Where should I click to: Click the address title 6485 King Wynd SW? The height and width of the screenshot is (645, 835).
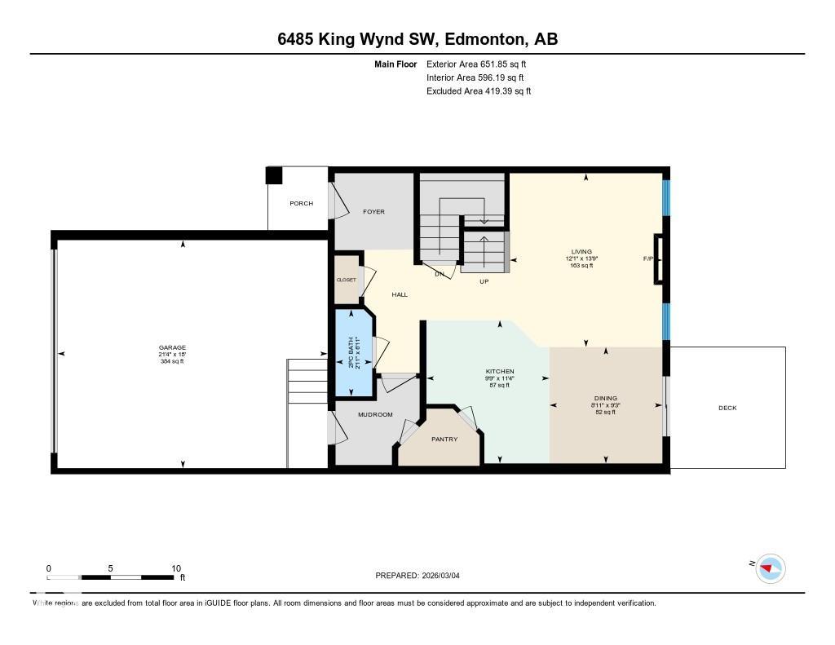click(x=417, y=40)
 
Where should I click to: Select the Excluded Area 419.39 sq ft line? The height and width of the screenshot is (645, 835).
click(x=479, y=91)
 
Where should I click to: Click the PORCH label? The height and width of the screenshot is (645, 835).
click(x=301, y=203)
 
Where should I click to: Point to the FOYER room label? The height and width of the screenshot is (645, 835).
click(x=373, y=212)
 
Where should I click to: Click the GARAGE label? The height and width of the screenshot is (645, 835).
click(x=172, y=347)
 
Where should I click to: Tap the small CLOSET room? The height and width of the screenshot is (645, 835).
click(x=347, y=280)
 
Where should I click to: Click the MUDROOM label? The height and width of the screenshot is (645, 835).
click(x=375, y=414)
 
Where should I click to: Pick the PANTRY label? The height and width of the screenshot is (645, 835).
click(x=444, y=440)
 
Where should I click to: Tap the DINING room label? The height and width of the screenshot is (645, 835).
click(x=605, y=399)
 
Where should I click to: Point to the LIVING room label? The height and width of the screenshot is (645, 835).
click(x=581, y=251)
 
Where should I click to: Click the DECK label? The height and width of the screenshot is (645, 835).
click(x=727, y=408)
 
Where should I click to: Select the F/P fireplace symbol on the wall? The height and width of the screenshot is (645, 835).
click(x=659, y=259)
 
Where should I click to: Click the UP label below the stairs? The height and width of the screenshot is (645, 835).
click(x=484, y=281)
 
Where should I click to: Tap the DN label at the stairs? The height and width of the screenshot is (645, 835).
click(x=439, y=274)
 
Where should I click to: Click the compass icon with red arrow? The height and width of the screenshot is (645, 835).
click(x=770, y=568)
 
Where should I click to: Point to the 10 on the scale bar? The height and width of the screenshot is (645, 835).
click(x=175, y=568)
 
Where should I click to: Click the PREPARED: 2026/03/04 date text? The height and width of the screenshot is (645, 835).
click(x=422, y=576)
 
